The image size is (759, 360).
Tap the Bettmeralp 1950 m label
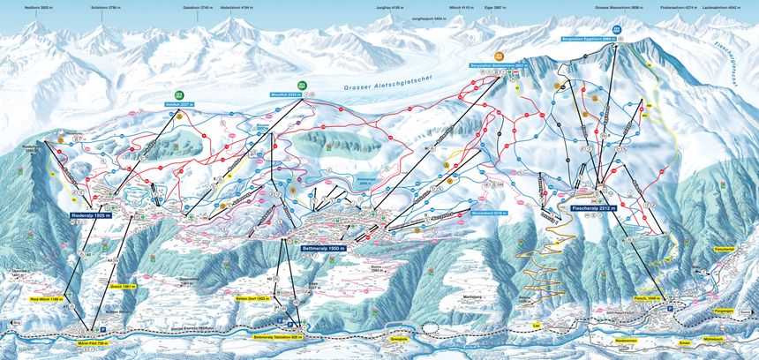point(327,250)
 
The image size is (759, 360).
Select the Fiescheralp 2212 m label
point(593,209)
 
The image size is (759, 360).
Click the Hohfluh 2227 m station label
point(178,104)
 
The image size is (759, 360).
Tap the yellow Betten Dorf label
point(251,299)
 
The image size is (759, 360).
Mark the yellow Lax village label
point(535,326)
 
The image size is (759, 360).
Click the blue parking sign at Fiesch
point(670,309)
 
